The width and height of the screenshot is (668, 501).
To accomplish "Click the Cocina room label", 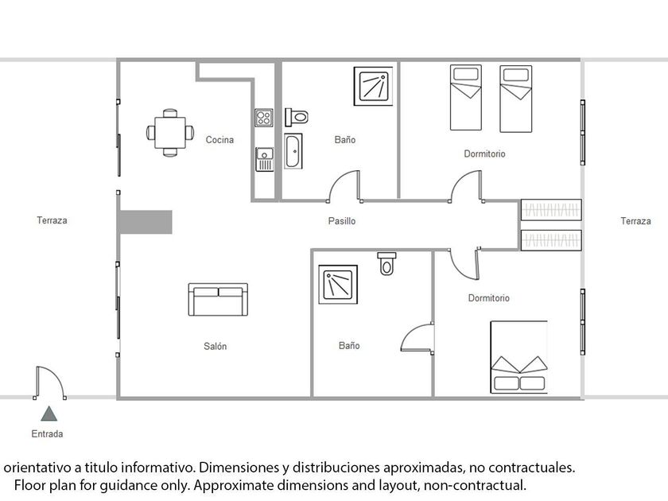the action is (x=219, y=140).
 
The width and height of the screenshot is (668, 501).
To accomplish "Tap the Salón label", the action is (x=215, y=347).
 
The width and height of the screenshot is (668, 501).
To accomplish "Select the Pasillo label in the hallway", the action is (x=342, y=221).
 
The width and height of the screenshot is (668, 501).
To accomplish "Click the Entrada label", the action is (x=47, y=434).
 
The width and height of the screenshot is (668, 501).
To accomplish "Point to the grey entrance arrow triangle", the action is (x=49, y=414).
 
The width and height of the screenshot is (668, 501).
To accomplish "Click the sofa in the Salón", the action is (x=217, y=299).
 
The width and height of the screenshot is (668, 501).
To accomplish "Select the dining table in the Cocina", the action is (x=169, y=131).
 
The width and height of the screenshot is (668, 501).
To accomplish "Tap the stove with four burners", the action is (x=264, y=118).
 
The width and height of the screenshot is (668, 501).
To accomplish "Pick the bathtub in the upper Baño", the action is (x=293, y=152).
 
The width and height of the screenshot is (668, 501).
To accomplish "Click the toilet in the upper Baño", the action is (x=297, y=117).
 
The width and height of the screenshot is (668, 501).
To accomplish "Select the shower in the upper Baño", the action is (x=372, y=86).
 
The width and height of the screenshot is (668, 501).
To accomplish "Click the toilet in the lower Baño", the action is (x=387, y=262).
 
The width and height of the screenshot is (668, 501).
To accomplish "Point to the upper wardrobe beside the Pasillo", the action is (x=551, y=210).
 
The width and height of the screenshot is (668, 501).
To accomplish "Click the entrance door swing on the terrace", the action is (x=49, y=383).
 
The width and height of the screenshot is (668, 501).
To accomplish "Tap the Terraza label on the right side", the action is (x=635, y=221).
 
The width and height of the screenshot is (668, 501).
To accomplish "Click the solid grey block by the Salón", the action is (x=145, y=222).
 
